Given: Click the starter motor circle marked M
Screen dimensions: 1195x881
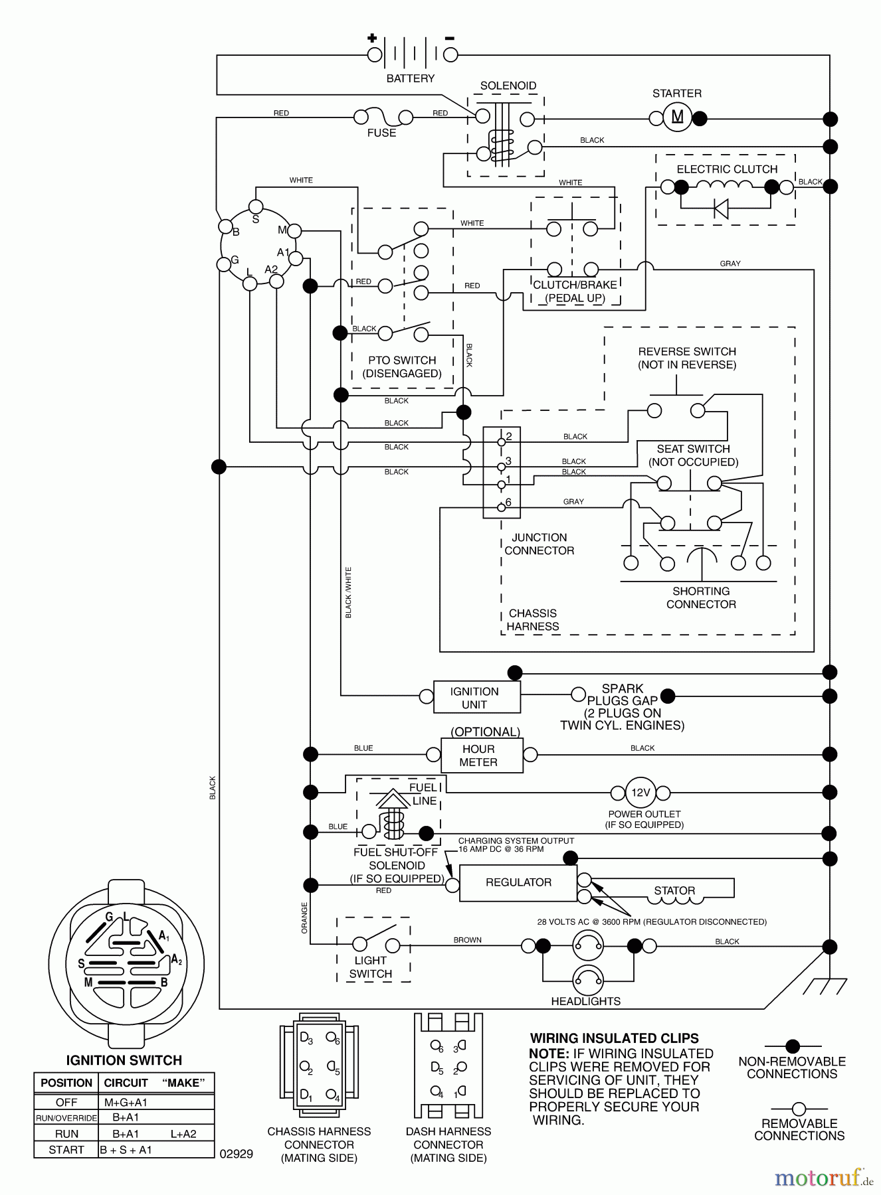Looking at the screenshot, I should [677, 118].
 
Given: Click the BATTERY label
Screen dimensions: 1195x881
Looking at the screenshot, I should [410, 78].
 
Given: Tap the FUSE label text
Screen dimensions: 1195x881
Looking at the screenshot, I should [381, 133].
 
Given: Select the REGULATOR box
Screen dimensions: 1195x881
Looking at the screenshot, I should [518, 882].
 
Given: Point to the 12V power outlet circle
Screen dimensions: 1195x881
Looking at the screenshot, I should [640, 792].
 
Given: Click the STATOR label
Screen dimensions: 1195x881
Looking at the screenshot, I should [674, 890].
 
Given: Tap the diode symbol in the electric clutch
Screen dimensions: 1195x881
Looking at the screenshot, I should [721, 208].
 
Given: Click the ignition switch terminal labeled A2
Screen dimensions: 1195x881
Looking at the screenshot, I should [276, 281].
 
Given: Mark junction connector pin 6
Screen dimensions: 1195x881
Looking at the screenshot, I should [502, 508].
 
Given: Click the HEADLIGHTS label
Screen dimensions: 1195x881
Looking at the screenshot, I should [585, 1001].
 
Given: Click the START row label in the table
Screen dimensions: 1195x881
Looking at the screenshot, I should [66, 1150].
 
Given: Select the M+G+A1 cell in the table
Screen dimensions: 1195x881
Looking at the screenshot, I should [126, 1102].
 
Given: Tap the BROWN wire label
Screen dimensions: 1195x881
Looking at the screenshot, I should [467, 940].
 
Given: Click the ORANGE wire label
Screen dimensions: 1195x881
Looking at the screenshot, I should [305, 917].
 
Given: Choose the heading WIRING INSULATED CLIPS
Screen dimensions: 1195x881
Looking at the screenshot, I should [614, 1038].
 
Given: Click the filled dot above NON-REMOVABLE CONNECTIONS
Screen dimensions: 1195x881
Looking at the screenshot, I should [792, 1047].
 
